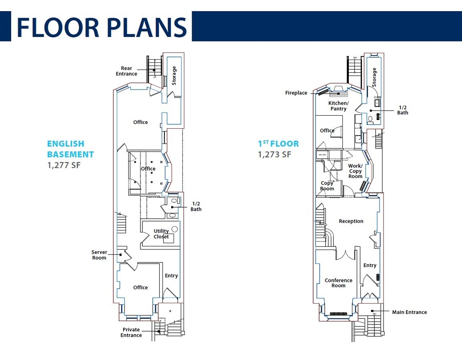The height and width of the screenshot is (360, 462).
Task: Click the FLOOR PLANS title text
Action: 102,27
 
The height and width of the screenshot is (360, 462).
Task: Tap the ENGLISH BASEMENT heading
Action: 70,149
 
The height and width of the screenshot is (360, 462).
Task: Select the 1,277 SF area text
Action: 64,164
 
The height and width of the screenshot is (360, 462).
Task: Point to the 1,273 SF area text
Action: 274,154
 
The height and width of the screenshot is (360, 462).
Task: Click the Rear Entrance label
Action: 126,71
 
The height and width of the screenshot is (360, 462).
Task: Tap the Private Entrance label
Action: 131,332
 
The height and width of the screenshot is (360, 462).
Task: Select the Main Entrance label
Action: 409,312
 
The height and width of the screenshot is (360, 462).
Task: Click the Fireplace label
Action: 296,93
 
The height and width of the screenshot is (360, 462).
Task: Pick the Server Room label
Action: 99,255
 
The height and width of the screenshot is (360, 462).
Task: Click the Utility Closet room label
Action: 161,234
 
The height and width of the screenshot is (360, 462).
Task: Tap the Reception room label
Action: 351,221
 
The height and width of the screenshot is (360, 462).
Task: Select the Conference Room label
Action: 338,283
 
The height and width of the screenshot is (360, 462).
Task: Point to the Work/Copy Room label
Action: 355,171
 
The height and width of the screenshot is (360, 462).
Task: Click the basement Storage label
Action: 174,76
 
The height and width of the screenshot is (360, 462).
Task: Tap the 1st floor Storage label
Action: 374,77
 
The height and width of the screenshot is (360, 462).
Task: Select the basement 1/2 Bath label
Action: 196,206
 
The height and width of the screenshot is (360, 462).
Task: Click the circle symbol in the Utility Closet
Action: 174,229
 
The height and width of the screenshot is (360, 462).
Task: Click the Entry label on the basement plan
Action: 171,276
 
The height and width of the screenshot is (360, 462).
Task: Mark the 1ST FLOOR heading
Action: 278,144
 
